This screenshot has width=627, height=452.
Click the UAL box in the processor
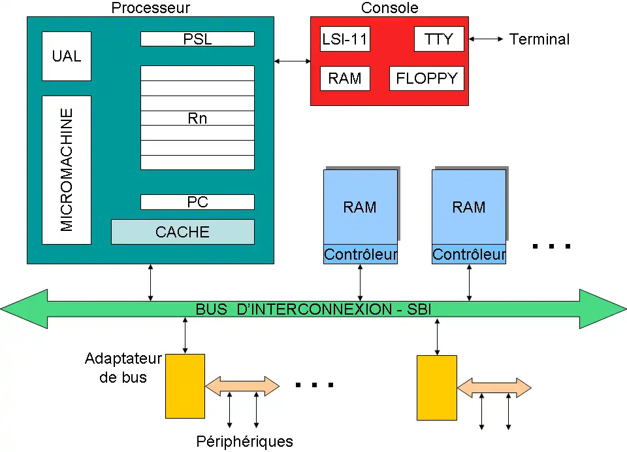coord(67,56)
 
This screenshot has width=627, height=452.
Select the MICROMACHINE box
coord(67,169)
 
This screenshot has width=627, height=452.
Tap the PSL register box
coord(197,39)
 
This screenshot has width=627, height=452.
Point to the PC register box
coord(197,202)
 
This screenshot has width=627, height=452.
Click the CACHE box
coord(182,232)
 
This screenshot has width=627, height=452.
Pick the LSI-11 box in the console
coord(345,39)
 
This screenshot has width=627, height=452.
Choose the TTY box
coord(439,39)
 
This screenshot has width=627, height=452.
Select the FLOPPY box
coord(427,78)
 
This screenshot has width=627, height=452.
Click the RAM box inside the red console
coord(345,78)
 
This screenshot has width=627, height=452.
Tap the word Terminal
coord(539,39)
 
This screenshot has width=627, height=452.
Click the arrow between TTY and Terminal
coord(486,39)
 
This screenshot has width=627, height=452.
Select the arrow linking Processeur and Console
coord(292,61)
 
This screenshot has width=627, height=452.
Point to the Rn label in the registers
coord(197,118)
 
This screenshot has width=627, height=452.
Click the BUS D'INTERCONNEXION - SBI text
coord(313,309)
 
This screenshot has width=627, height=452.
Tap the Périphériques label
coord(245,442)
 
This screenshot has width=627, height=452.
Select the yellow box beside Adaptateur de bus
coord(185,387)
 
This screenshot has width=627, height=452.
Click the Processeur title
coord(151,8)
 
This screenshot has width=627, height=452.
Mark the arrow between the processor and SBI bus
coord(151,282)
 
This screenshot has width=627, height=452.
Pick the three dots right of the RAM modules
coord(552,247)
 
